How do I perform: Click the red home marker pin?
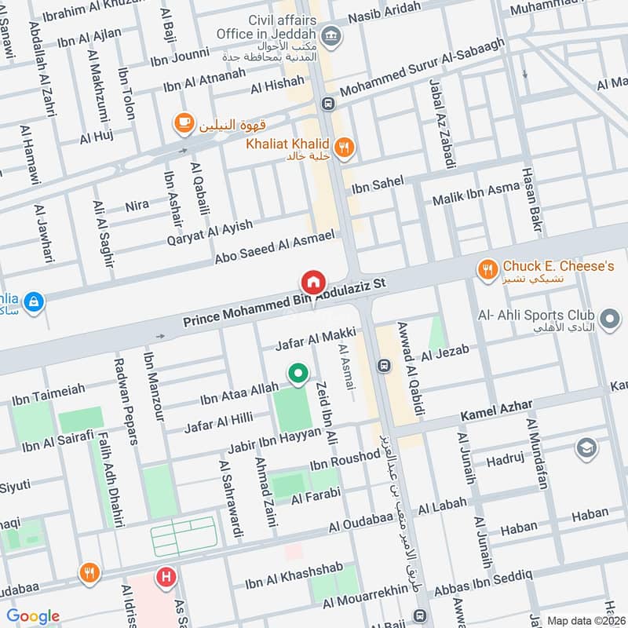[312, 282]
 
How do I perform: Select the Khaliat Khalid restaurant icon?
[343, 146]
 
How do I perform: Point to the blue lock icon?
[33, 301]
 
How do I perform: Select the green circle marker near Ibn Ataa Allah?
[297, 374]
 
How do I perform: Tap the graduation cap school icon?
[586, 448]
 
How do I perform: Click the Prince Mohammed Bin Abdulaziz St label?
[287, 303]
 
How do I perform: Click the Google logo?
[33, 616]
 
